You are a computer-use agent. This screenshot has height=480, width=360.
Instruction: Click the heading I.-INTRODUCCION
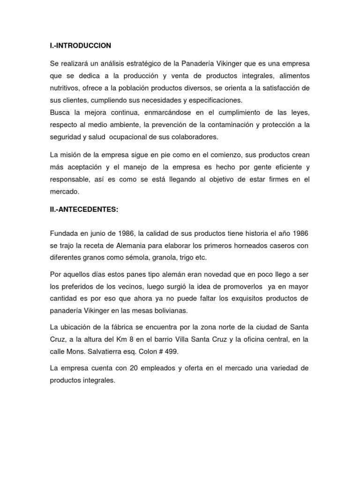point(80,46)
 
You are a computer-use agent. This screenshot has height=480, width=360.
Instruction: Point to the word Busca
point(60,112)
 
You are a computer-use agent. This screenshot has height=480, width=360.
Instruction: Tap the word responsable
point(71,179)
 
